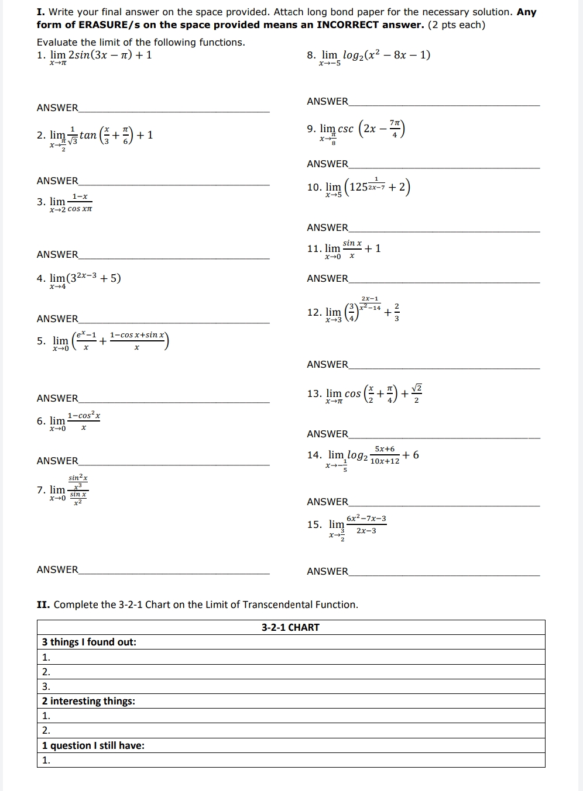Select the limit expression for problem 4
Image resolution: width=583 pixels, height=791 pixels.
coord(85,279)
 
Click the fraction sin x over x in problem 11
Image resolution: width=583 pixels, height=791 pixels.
coord(352,248)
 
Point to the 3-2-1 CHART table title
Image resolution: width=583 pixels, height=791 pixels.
coord(290,627)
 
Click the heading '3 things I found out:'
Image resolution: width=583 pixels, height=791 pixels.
coord(89,642)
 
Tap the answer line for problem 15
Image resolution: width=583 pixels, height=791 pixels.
coord(444,575)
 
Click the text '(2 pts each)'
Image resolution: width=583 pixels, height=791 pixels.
coord(457,25)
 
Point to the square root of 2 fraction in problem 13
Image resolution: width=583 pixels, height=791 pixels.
coord(416,393)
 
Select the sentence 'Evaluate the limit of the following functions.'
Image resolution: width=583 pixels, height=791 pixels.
coord(141,42)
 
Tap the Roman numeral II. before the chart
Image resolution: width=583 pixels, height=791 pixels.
coord(43,605)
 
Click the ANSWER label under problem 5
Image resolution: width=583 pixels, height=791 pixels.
coord(57,398)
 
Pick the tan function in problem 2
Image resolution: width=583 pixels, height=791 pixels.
coord(88,136)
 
